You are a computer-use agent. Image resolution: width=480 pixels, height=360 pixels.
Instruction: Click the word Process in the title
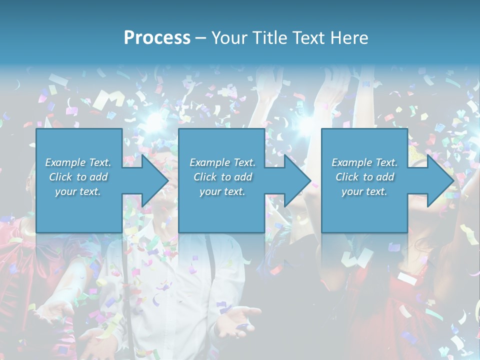[x=157, y=38]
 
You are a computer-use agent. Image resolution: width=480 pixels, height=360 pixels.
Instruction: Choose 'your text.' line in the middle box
[x=222, y=191]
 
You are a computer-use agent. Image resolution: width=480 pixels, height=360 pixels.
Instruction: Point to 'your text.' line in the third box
[x=364, y=191]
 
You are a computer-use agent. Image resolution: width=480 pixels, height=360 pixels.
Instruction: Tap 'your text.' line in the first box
[x=78, y=191]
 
